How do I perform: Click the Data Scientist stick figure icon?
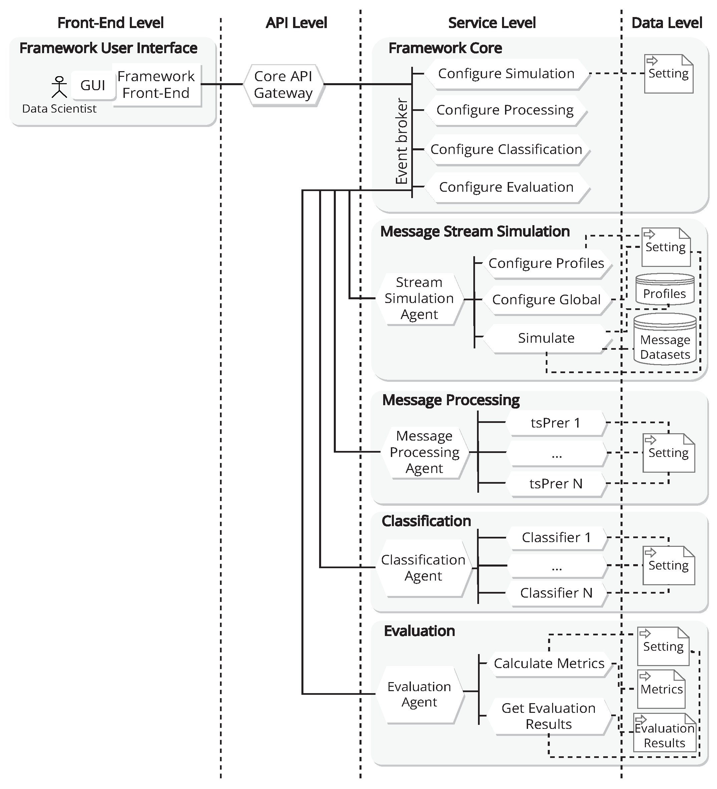(59, 87)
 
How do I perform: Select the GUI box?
(93, 85)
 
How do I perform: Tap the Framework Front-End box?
(156, 85)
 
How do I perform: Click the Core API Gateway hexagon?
(283, 85)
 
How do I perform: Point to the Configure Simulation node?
(506, 73)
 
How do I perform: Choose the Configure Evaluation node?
(506, 187)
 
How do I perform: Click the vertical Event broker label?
(402, 141)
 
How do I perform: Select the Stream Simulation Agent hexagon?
(419, 299)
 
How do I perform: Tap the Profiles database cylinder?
(665, 290)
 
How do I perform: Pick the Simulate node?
(546, 338)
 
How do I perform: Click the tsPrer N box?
(556, 484)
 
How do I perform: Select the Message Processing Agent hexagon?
(424, 452)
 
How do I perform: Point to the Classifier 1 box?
(556, 538)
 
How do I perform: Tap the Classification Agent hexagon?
(423, 568)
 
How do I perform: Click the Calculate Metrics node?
(549, 664)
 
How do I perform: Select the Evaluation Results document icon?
(665, 733)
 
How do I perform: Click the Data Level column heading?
(667, 23)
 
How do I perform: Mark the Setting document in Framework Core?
(669, 74)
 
